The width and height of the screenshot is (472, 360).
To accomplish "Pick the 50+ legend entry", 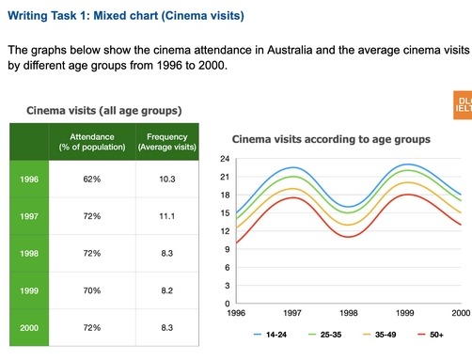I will (x=431, y=334).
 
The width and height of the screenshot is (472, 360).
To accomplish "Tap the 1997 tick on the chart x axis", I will (x=292, y=313).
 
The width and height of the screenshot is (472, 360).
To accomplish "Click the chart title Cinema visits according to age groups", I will (x=331, y=139).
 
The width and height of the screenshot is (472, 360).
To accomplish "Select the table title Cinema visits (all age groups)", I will (x=103, y=111).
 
